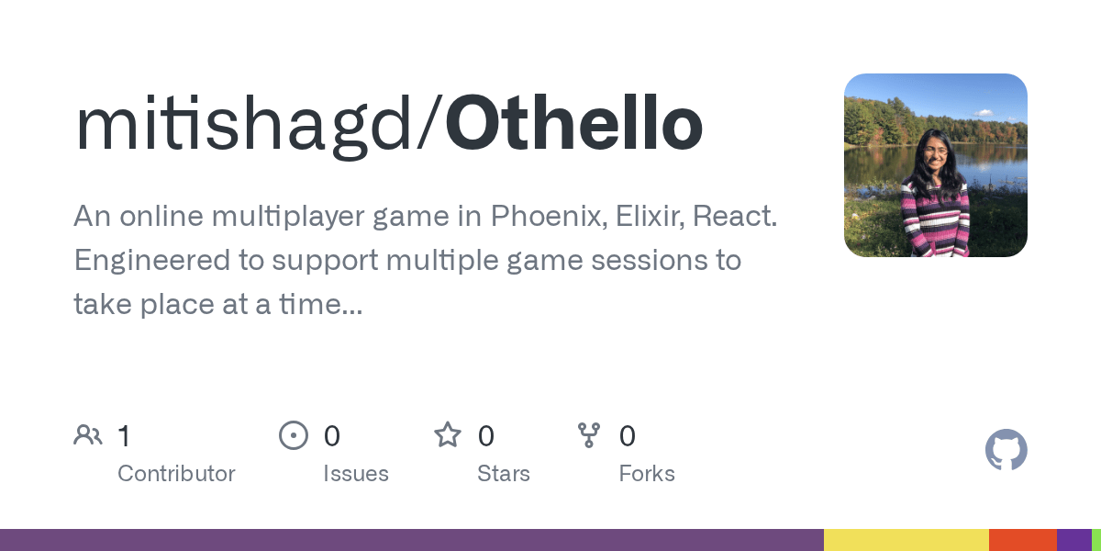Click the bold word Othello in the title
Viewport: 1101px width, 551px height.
(574, 122)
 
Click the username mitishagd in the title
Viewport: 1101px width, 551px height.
(244, 127)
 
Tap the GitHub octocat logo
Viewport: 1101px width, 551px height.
(1006, 450)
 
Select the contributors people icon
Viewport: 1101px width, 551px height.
(88, 435)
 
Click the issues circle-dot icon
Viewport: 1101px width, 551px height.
(294, 435)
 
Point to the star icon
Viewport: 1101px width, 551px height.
(448, 435)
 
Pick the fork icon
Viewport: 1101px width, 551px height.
(589, 435)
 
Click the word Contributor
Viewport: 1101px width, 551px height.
(176, 474)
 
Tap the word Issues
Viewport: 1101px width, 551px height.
(356, 474)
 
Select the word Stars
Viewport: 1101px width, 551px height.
(504, 474)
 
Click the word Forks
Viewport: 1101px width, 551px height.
(647, 474)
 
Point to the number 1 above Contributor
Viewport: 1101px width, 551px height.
(125, 436)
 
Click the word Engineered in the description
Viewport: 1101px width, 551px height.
(152, 261)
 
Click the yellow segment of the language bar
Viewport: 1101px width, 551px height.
(906, 540)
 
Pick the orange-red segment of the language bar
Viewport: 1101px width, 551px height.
(1023, 540)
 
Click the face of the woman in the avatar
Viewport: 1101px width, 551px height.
(934, 152)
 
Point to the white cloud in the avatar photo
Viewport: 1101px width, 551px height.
(983, 114)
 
